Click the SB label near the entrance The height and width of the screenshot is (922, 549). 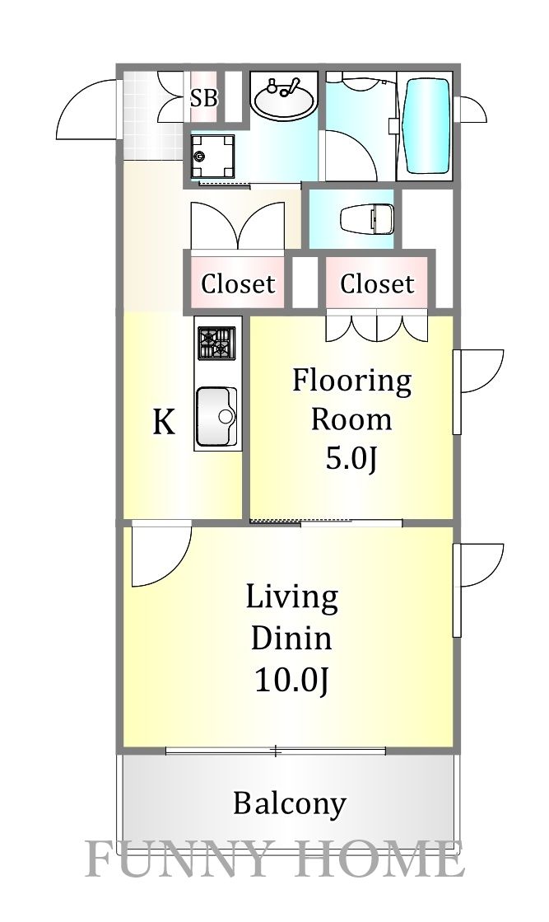pyautogui.click(x=203, y=99)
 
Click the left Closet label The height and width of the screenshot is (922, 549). pyautogui.click(x=237, y=284)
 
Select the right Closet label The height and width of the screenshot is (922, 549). pyautogui.click(x=376, y=284)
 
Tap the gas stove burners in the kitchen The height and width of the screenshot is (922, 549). pyautogui.click(x=216, y=343)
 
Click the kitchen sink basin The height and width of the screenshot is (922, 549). pyautogui.click(x=216, y=416)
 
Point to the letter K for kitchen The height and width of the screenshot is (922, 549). pyautogui.click(x=164, y=423)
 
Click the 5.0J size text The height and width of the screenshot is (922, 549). pyautogui.click(x=351, y=459)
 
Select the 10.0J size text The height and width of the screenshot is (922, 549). pyautogui.click(x=292, y=681)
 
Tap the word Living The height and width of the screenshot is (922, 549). pyautogui.click(x=292, y=597)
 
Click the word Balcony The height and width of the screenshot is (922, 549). pyautogui.click(x=289, y=803)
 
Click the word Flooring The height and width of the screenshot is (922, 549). pyautogui.click(x=351, y=381)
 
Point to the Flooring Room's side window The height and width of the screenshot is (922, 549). pyautogui.click(x=458, y=392)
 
